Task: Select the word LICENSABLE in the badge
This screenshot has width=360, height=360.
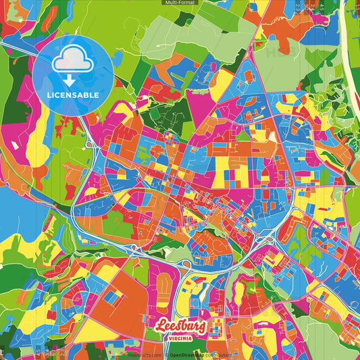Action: point(73,95)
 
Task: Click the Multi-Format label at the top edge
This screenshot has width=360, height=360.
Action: point(180,3)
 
